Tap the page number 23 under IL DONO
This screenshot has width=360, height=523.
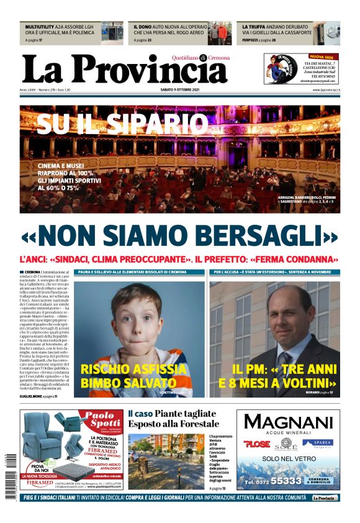(x=158, y=40)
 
